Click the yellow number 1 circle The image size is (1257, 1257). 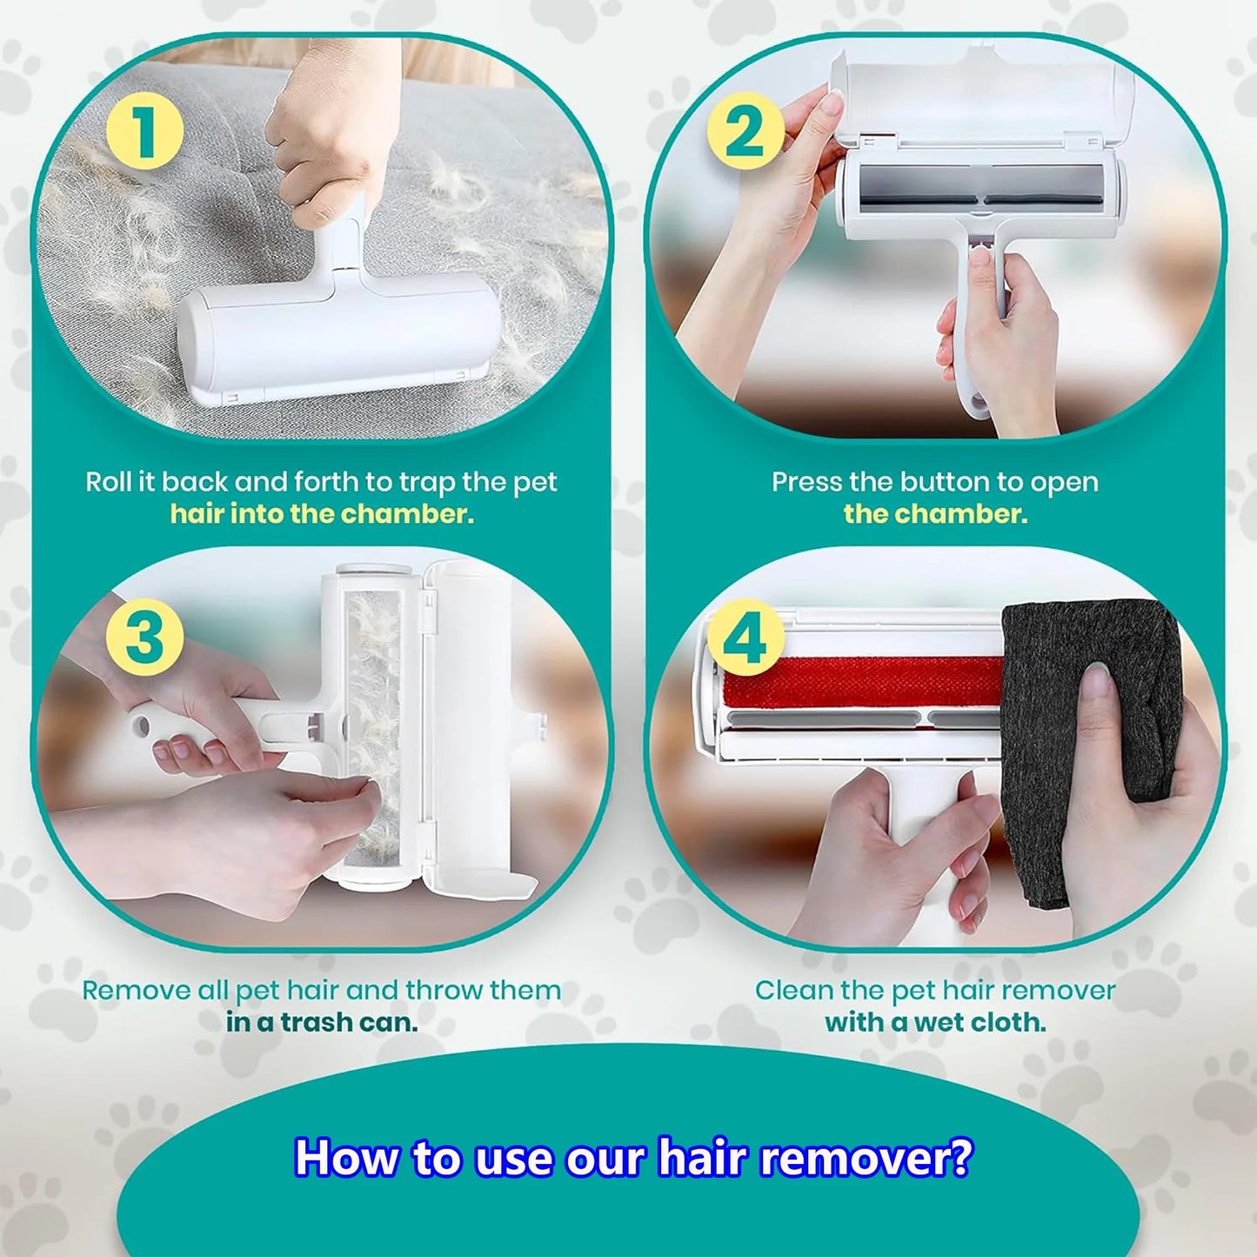144,133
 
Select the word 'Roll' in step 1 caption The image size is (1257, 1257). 108,482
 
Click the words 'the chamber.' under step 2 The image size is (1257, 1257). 935,514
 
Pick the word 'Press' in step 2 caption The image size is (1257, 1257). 806,482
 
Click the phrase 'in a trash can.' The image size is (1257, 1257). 322,1022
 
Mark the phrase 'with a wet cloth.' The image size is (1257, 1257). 935,1022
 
